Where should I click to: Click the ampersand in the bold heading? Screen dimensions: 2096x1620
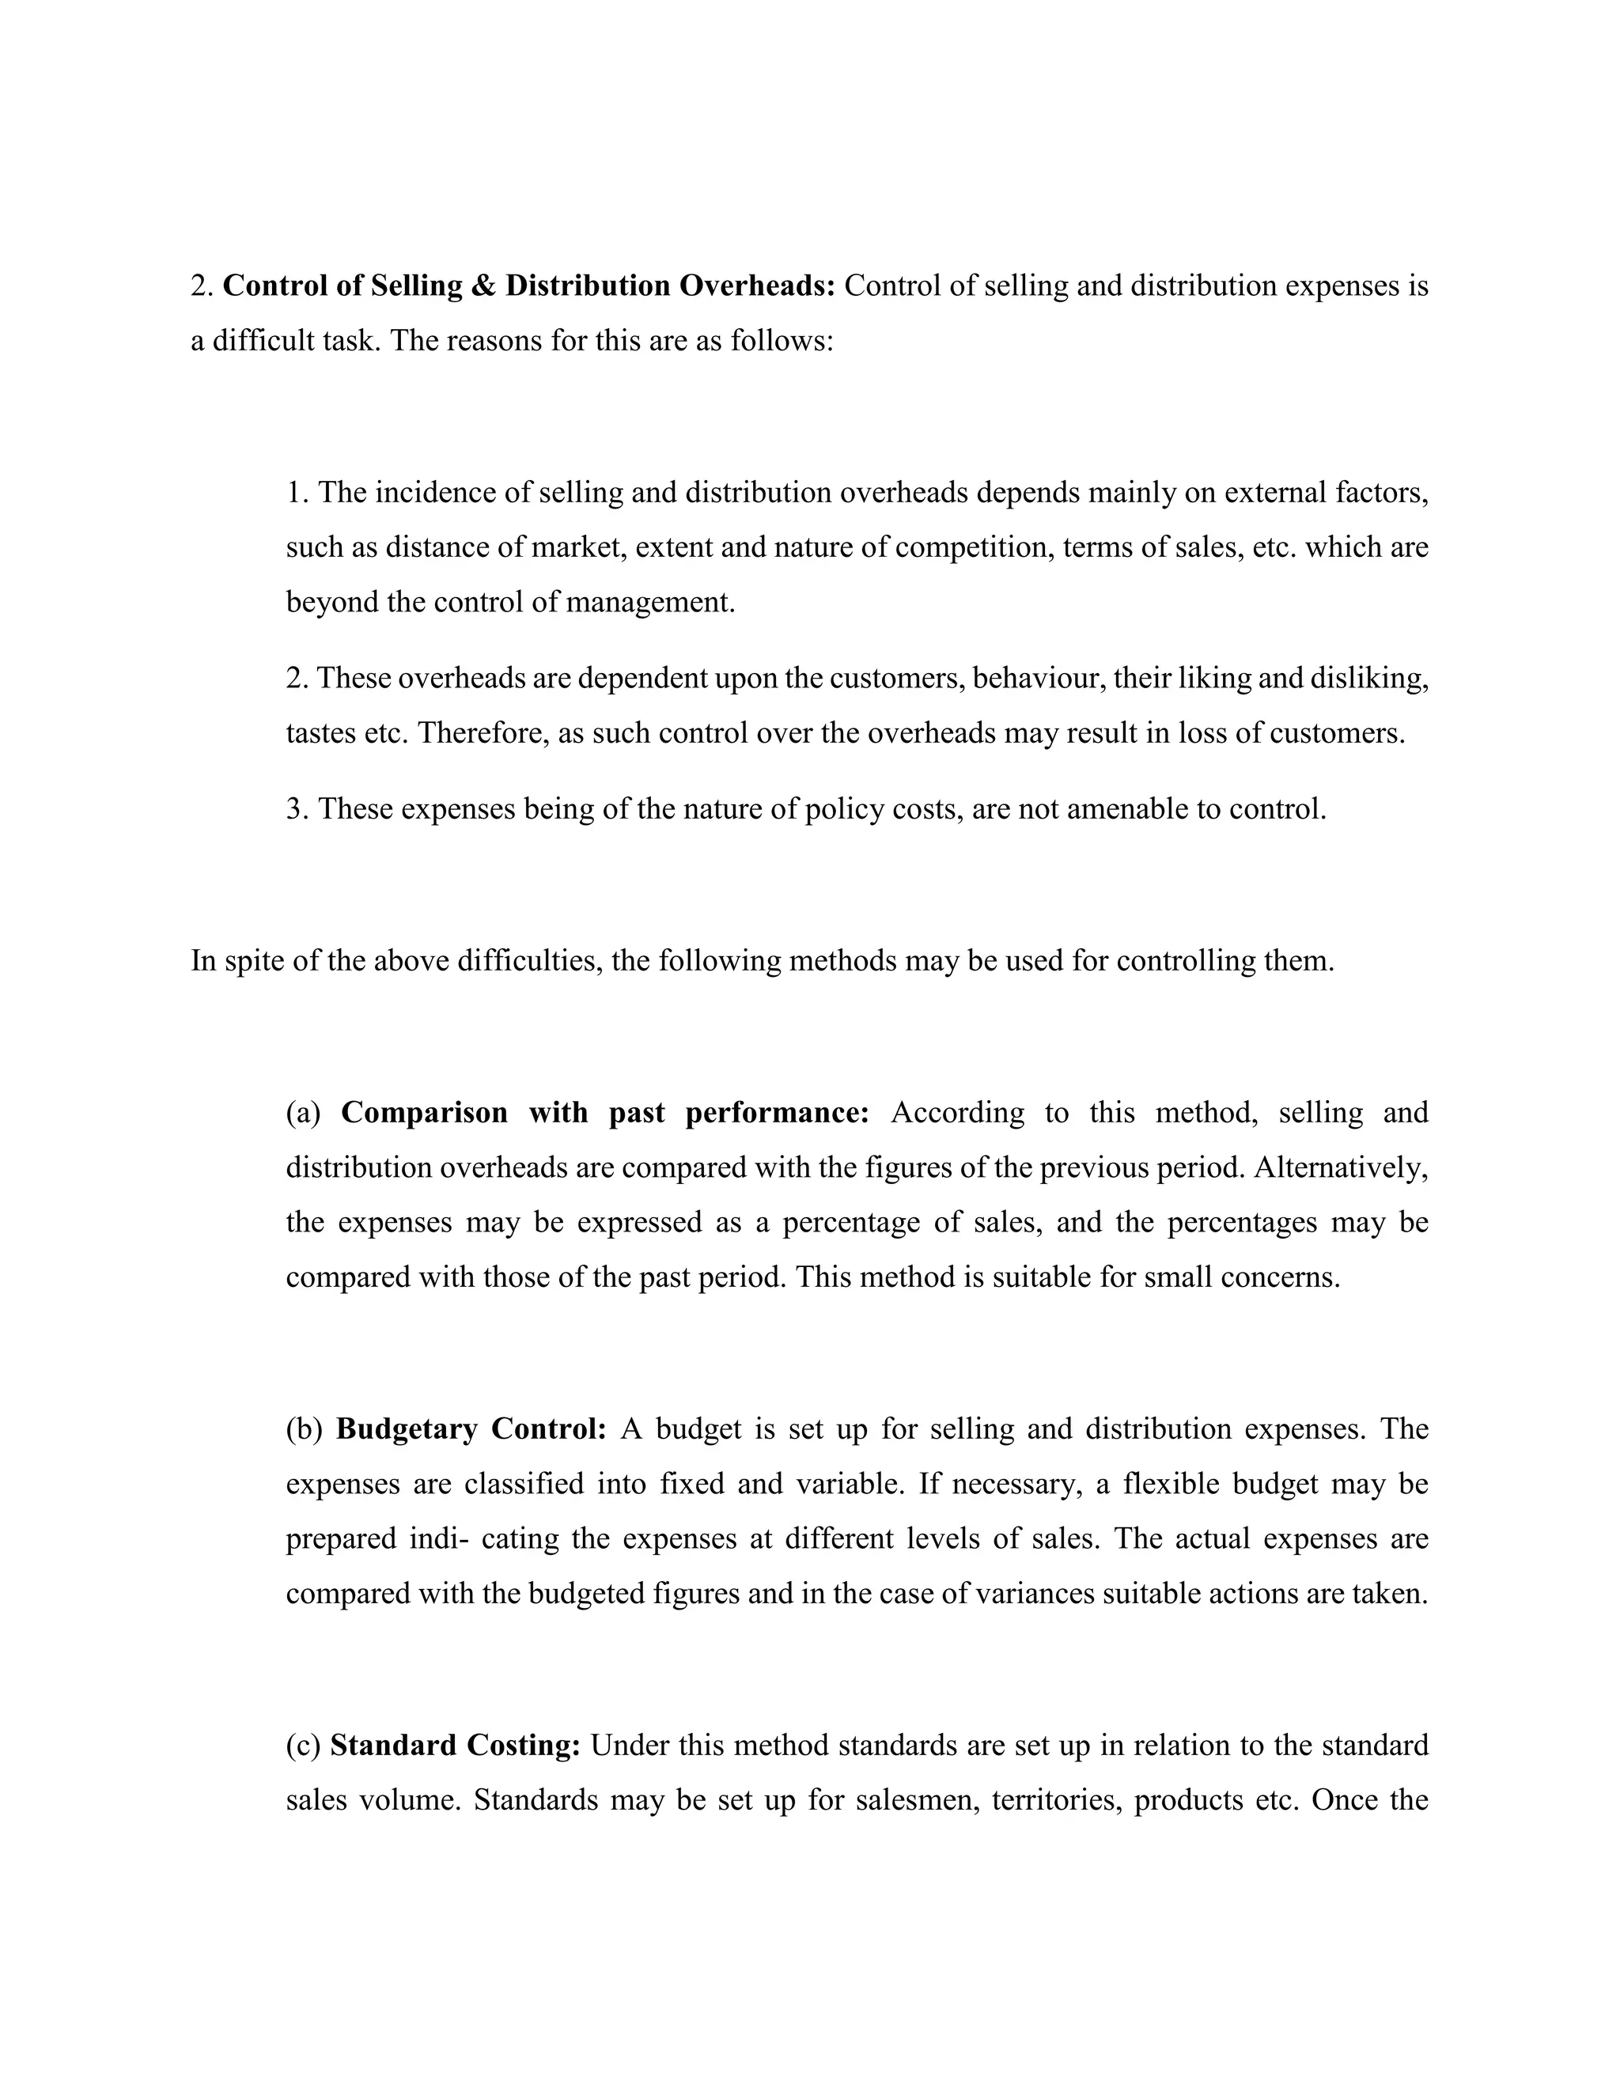click(483, 286)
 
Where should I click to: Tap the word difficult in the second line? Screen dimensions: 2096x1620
click(266, 341)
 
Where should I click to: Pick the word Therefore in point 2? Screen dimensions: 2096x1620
click(481, 733)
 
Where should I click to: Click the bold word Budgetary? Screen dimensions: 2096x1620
click(406, 1429)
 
